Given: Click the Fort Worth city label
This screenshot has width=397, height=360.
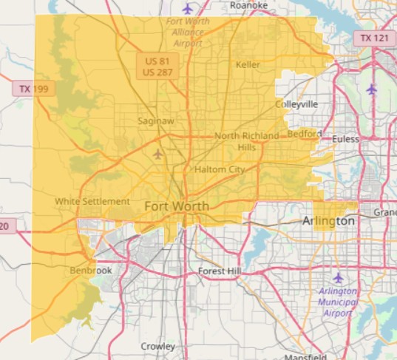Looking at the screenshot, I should [x=177, y=206].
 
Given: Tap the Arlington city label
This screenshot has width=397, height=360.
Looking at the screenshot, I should [x=328, y=221].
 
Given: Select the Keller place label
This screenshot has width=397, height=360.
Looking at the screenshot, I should [x=248, y=65].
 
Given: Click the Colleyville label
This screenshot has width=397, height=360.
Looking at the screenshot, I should [x=296, y=104].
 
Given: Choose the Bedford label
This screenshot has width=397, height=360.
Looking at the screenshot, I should [x=305, y=134].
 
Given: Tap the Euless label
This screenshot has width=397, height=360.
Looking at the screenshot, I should [x=345, y=139].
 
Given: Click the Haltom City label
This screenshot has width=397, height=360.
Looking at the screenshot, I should [x=220, y=170].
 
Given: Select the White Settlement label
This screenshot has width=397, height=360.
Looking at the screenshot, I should [x=92, y=201].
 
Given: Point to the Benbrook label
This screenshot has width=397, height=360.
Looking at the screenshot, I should [x=91, y=271].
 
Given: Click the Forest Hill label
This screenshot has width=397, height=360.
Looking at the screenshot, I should [x=220, y=272].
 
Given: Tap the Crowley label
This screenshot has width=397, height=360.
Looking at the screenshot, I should [x=158, y=346].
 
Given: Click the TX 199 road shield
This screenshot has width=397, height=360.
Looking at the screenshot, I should [x=34, y=89].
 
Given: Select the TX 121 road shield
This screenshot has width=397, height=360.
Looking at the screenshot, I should [x=373, y=37].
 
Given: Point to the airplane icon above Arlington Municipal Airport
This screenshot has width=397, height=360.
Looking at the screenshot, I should [x=339, y=277].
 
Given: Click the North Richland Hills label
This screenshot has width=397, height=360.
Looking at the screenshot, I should [x=247, y=141].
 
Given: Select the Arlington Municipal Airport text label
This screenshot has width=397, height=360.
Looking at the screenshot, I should [x=337, y=302].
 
